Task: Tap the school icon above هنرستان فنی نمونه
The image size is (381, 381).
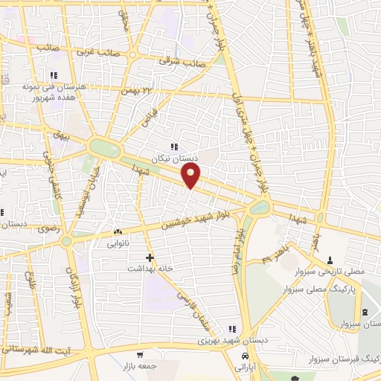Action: [x=54, y=76]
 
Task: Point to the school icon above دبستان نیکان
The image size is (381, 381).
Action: [x=174, y=147]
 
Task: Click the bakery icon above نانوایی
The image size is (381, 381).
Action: [x=118, y=232]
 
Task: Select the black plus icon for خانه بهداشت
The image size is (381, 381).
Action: [x=151, y=258]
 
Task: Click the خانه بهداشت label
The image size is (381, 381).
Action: [x=149, y=269]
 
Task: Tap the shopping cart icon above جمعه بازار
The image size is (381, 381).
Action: [x=140, y=356]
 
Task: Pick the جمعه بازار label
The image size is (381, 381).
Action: [x=139, y=367]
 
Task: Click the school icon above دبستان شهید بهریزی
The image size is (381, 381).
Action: [x=232, y=329]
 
